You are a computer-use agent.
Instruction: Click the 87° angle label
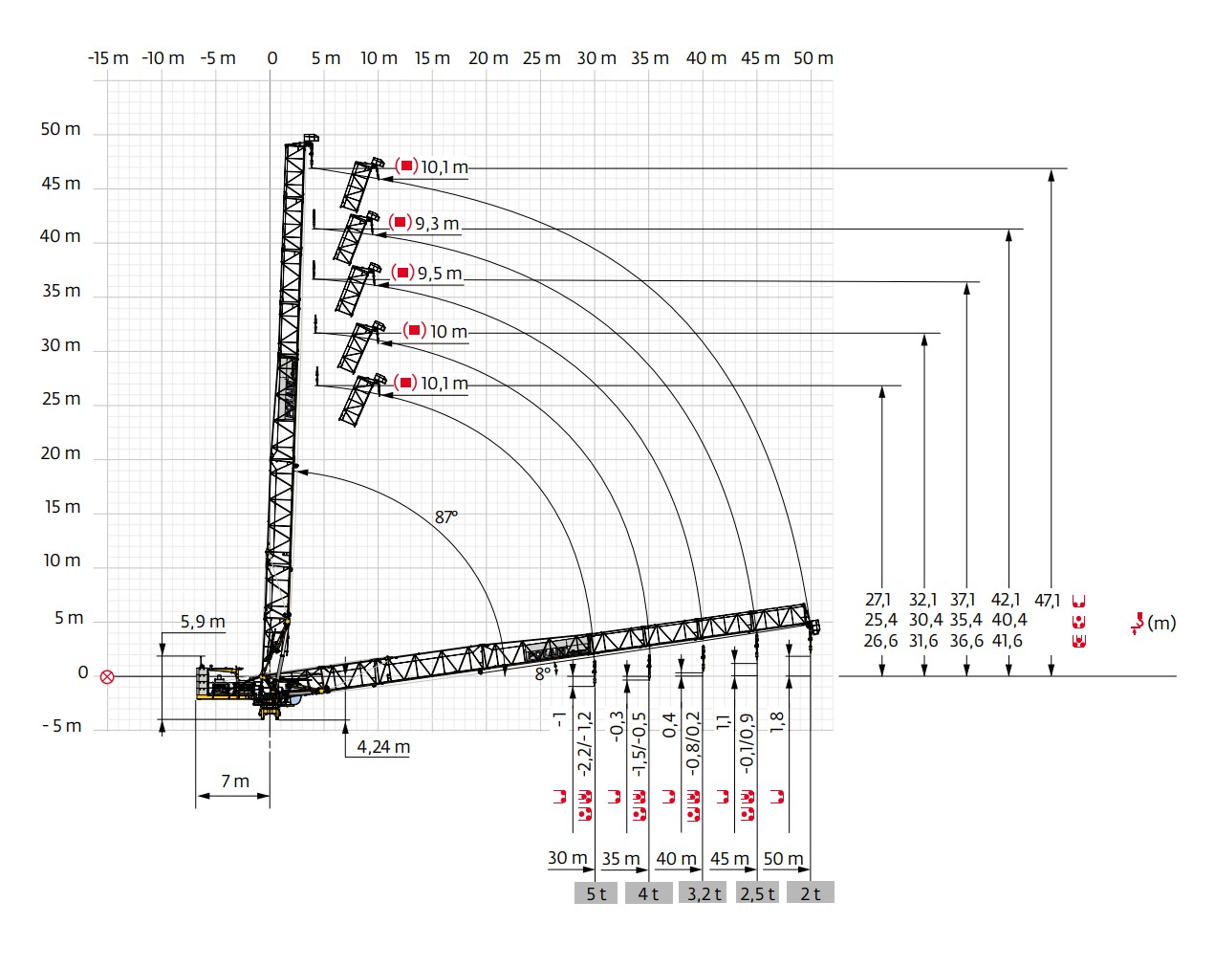(446, 517)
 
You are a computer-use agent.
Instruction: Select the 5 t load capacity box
(596, 893)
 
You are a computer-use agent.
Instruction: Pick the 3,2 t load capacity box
(705, 893)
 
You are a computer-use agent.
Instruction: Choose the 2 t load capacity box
(811, 893)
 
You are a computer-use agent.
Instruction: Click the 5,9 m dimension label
(203, 622)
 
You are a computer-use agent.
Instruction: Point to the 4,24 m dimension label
(383, 746)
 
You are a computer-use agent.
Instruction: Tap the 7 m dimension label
(234, 781)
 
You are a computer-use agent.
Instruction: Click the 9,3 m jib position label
(437, 224)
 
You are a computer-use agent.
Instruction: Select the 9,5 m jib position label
(440, 274)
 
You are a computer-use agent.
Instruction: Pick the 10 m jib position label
(448, 332)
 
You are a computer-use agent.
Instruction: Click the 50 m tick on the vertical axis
(60, 129)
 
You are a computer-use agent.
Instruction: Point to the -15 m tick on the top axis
(108, 58)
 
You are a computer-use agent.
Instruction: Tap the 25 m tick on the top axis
(542, 58)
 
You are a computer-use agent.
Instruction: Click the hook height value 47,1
(1047, 600)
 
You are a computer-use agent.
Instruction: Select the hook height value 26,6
(880, 641)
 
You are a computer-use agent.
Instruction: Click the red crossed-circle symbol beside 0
(107, 676)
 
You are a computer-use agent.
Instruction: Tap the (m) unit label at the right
(1161, 623)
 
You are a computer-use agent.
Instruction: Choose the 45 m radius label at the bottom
(729, 858)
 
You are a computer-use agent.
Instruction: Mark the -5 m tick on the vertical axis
(62, 726)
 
